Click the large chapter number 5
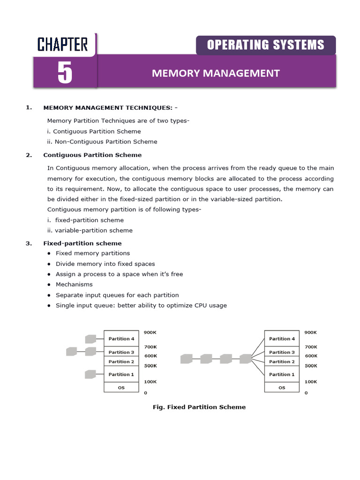click(x=65, y=73)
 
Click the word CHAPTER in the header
click(x=62, y=45)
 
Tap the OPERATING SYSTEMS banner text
click(x=265, y=45)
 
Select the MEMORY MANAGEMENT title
click(x=216, y=73)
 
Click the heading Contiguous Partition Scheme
click(x=92, y=155)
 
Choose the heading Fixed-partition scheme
click(x=82, y=243)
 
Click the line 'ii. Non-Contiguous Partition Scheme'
click(x=102, y=142)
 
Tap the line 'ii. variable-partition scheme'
click(x=90, y=230)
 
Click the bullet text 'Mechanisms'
click(x=74, y=285)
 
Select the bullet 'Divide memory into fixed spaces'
click(x=105, y=264)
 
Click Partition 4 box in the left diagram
click(x=121, y=338)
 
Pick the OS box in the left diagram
click(x=121, y=388)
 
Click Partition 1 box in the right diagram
click(x=282, y=375)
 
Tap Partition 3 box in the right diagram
click(x=282, y=352)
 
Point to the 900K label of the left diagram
click(x=150, y=332)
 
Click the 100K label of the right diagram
click(x=311, y=382)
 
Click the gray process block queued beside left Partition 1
click(x=90, y=374)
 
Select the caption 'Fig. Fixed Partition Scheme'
click(x=199, y=407)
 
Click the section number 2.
click(x=29, y=155)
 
